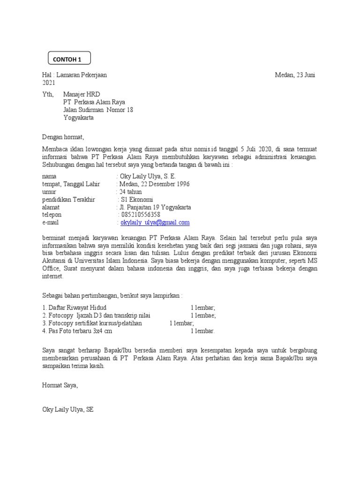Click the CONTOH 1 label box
[69, 59]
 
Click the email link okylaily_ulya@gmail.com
[155, 223]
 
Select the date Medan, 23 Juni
[295, 75]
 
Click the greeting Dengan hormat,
[62, 137]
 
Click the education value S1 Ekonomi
[140, 199]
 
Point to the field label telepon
[52, 215]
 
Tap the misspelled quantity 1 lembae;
[203, 315]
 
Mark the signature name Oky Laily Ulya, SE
[68, 409]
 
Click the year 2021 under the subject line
[49, 82]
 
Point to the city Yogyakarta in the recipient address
[78, 118]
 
